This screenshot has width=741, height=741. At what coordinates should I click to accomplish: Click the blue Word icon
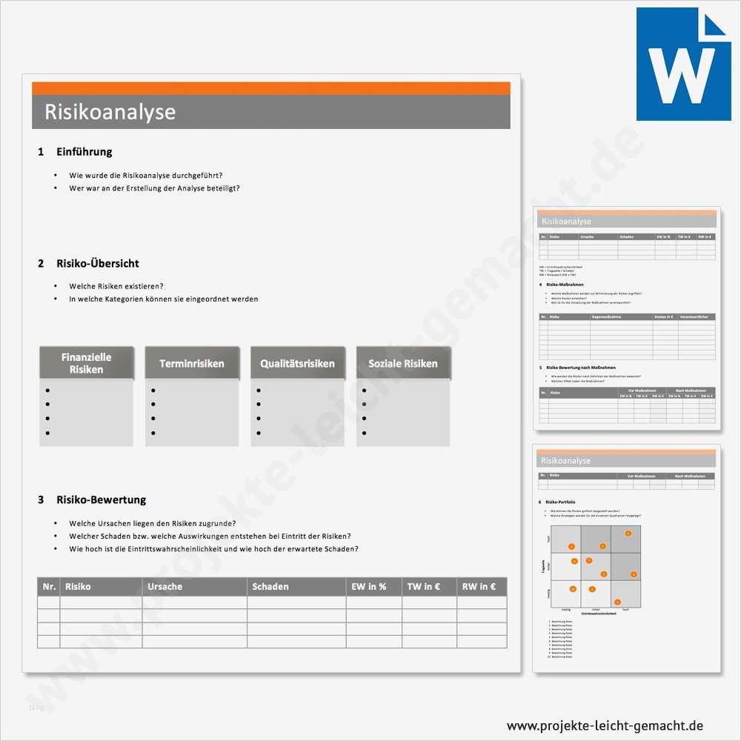coord(682,64)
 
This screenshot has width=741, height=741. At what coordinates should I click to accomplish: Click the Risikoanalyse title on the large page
coord(110,112)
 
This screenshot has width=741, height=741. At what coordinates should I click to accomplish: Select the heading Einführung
coord(84,152)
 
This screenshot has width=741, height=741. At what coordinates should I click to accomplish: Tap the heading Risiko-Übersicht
coord(97,263)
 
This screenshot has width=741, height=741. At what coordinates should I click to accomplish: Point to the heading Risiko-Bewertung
coord(101,499)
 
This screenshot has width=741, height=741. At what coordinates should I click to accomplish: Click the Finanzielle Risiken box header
coord(86,362)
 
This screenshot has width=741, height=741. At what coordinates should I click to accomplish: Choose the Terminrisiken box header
coord(192,363)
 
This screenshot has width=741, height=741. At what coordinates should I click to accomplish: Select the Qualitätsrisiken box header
coord(297,363)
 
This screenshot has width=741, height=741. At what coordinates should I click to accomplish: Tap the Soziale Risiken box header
coord(403,363)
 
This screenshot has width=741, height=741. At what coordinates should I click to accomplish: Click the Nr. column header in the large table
coord(49,586)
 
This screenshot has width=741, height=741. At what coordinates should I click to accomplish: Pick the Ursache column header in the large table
coord(165,586)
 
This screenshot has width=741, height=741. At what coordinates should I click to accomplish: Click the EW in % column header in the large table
coord(368,586)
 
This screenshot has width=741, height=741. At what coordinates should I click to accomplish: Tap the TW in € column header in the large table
coord(424,586)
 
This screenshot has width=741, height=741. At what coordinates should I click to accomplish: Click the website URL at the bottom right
coord(605,725)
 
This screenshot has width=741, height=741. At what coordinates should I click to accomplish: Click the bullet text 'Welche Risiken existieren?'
coord(116,286)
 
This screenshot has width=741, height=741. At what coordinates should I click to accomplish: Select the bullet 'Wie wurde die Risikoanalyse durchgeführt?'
coord(146,176)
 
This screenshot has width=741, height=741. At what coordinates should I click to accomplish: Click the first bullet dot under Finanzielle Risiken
coord(47,391)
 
